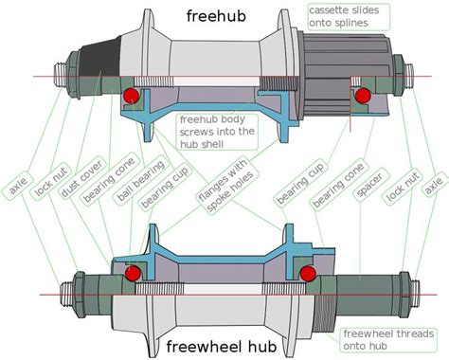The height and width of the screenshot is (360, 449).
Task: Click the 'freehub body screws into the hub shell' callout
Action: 219,133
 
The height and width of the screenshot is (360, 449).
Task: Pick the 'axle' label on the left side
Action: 15,187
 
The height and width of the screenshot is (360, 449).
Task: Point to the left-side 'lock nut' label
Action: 41,186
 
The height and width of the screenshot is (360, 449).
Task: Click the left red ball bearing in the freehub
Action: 133,95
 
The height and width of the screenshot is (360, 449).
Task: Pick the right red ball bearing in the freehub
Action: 361,95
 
